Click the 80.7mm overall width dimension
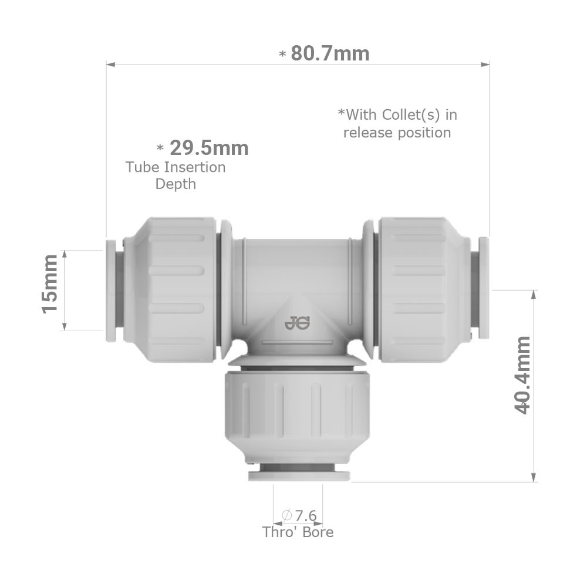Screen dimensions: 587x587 [330, 53]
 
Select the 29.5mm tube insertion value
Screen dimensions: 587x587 [208, 148]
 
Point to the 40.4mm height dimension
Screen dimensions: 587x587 [522, 376]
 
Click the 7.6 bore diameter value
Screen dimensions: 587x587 [305, 515]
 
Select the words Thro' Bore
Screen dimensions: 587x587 [298, 532]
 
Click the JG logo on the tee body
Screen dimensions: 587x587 [299, 322]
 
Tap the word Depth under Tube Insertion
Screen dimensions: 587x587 [175, 184]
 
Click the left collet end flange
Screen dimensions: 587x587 [110, 290]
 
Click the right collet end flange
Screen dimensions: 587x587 [484, 288]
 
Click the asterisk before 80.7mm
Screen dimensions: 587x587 [282, 55]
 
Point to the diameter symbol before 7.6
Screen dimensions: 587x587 [287, 515]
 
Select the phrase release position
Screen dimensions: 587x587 [397, 133]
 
